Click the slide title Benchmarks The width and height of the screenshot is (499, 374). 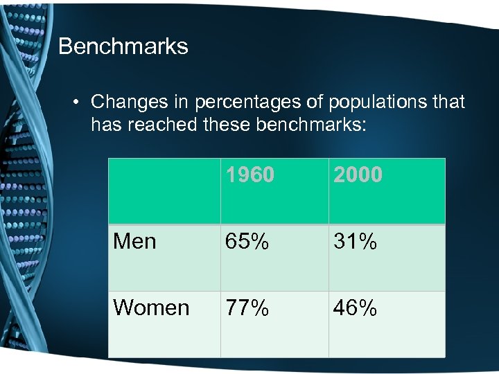(x=123, y=46)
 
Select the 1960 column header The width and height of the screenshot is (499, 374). (x=249, y=175)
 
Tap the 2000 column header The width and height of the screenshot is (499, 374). (x=358, y=175)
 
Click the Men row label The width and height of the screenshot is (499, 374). (x=134, y=242)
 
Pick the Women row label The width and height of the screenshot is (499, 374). (x=151, y=308)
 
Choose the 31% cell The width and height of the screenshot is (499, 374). (x=356, y=242)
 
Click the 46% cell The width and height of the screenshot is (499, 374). (x=356, y=308)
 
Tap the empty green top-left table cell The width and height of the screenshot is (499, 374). (x=164, y=190)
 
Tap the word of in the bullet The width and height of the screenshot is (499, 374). (x=314, y=103)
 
